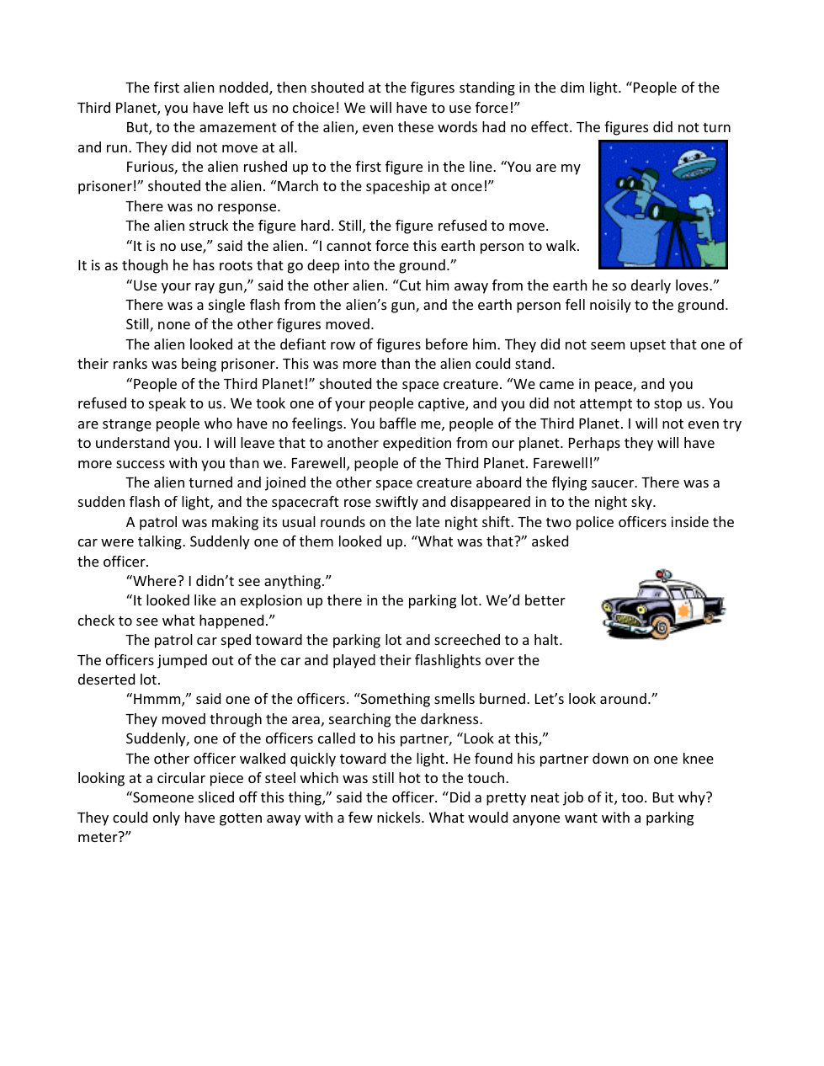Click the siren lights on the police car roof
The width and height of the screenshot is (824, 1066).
(x=663, y=575)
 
